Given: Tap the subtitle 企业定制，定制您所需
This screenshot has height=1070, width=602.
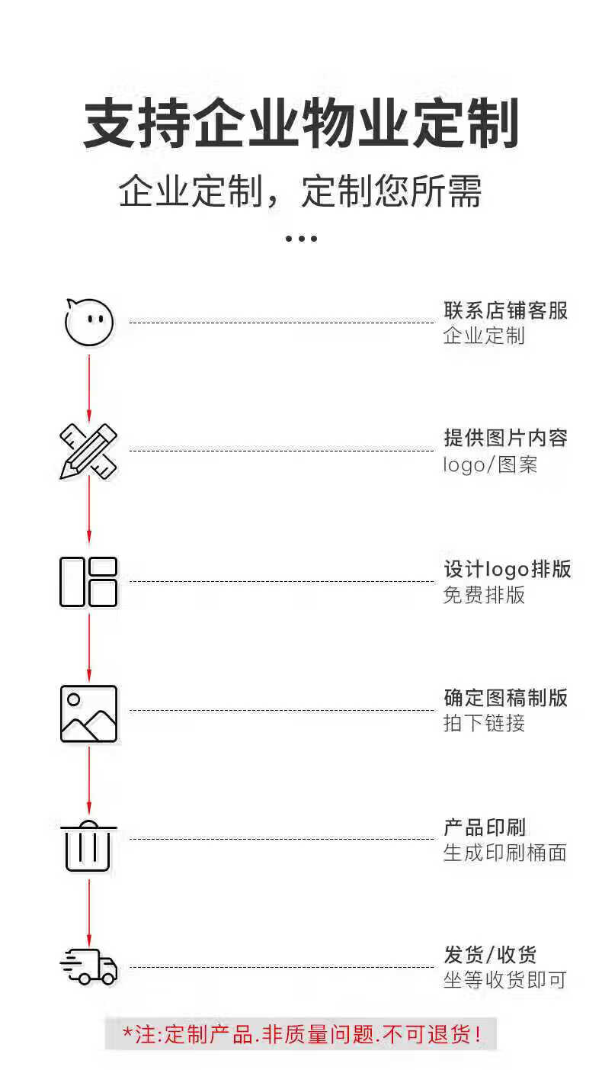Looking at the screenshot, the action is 301,191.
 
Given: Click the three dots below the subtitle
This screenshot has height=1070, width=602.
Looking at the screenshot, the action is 301,239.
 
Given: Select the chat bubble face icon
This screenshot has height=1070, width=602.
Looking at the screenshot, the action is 88,322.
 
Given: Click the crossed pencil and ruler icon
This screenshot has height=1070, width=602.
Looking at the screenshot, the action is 88,451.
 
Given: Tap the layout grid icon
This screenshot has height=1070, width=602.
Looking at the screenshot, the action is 88,582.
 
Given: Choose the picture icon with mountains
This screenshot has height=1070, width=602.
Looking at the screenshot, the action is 88,713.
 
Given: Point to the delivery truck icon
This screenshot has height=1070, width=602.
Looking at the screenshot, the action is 88,966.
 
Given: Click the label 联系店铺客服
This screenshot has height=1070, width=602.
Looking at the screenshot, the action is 506,310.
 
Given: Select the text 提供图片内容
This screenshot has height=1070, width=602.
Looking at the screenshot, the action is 506,438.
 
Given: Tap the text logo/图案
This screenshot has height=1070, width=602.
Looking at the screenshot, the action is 491,464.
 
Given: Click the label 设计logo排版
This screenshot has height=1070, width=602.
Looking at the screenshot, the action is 508,569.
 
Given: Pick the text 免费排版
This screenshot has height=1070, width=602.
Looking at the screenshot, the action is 485,595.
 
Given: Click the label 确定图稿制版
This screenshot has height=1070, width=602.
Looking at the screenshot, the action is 506,697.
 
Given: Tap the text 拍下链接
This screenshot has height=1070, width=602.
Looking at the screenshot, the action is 485,723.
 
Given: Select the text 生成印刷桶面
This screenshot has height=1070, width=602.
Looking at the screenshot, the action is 505,853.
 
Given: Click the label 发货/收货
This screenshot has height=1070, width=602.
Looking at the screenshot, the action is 491,954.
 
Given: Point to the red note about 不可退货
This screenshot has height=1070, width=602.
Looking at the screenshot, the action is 302,1034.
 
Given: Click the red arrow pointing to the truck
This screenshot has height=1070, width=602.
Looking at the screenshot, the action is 89,911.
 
